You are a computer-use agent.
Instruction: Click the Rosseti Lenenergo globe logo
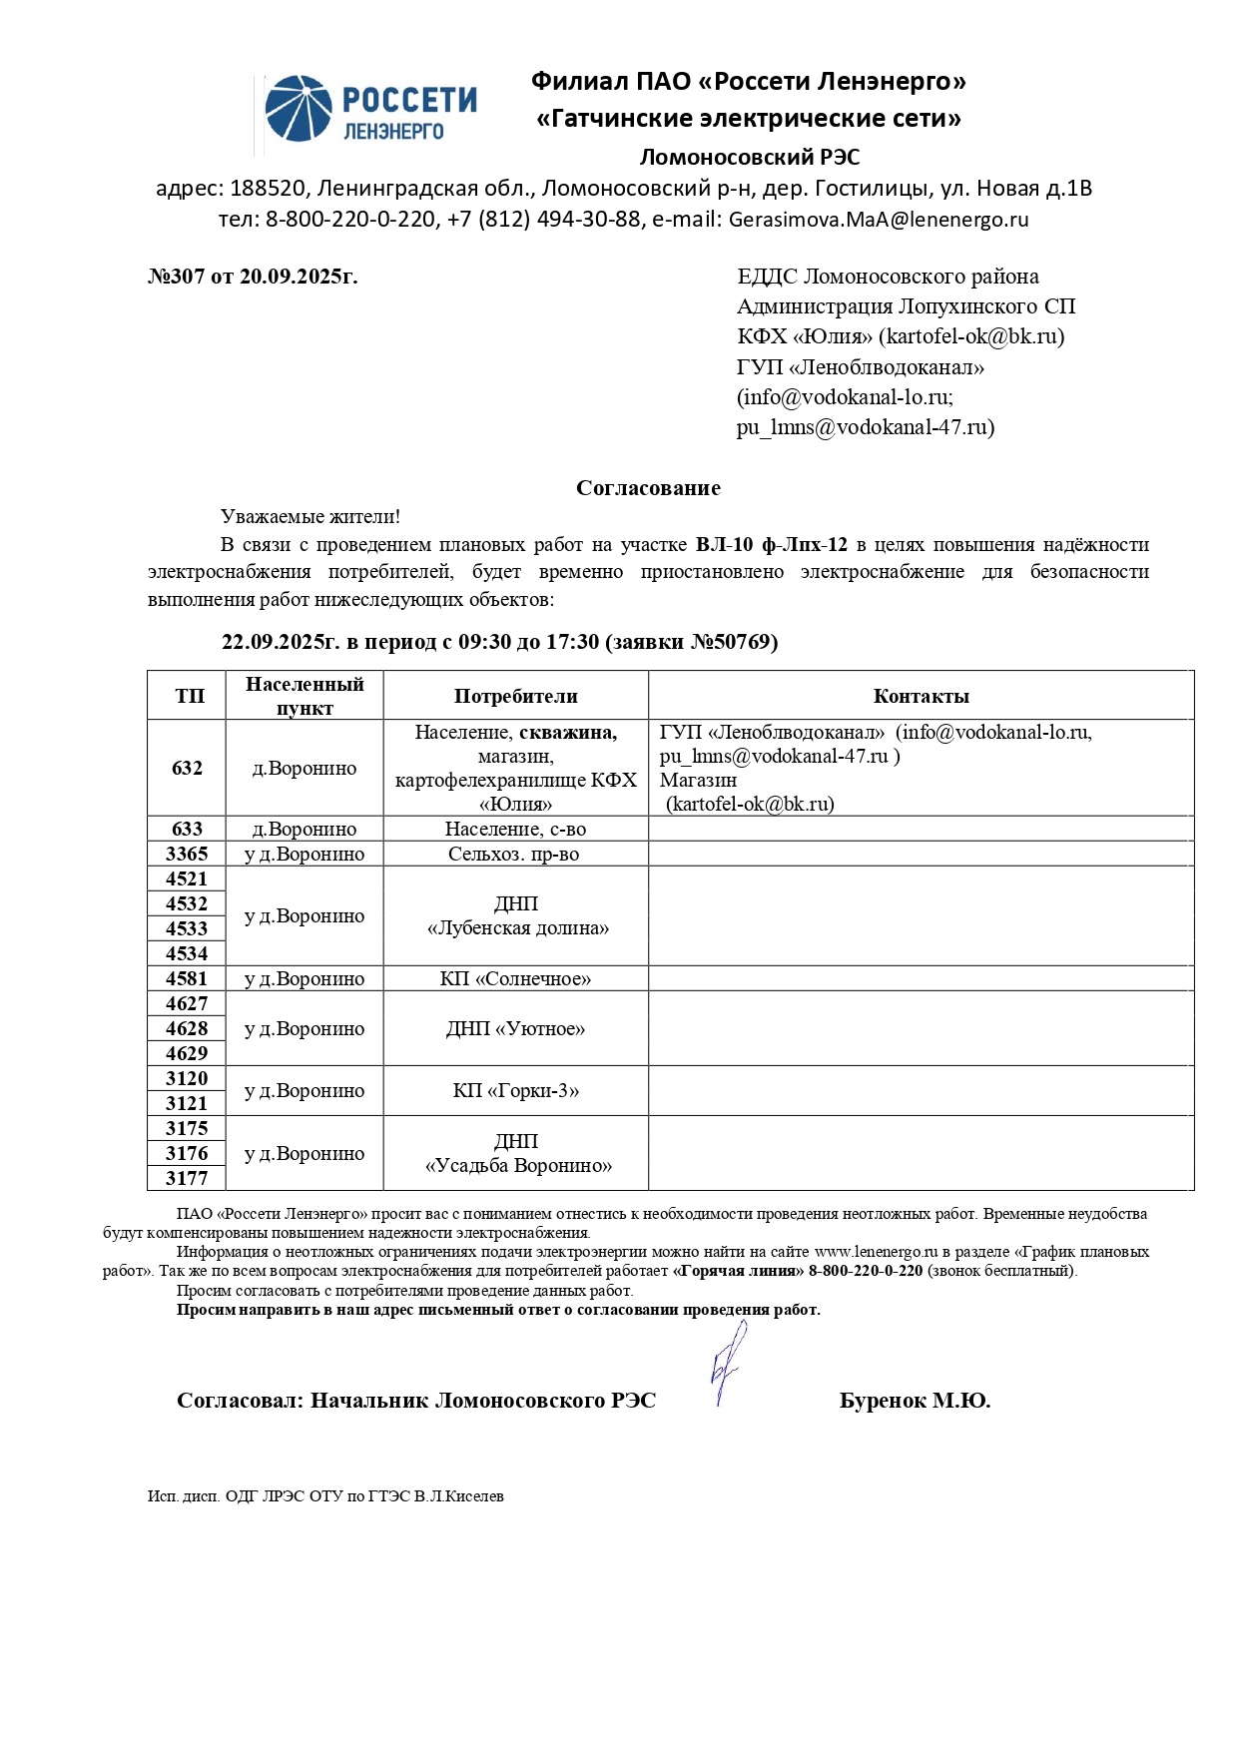(299, 108)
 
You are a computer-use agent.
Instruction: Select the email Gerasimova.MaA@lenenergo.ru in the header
(878, 220)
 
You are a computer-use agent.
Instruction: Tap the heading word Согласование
(648, 488)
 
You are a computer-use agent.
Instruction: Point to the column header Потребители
(515, 696)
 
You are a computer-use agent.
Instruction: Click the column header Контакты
(921, 696)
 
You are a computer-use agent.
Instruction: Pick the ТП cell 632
(187, 768)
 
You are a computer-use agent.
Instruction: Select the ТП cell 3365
(187, 854)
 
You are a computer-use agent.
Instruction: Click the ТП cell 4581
(187, 978)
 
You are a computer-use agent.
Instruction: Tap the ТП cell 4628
(187, 1028)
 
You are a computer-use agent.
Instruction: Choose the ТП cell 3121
(187, 1103)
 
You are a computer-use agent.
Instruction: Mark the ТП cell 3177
(187, 1178)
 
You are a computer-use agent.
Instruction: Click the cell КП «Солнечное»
(515, 978)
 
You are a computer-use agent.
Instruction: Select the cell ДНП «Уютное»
(515, 1028)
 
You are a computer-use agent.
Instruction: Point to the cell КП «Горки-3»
(515, 1090)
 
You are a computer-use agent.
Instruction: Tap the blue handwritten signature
(728, 1363)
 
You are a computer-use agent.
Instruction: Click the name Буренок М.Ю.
(915, 1401)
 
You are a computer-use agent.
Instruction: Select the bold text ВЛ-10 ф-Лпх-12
(771, 545)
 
